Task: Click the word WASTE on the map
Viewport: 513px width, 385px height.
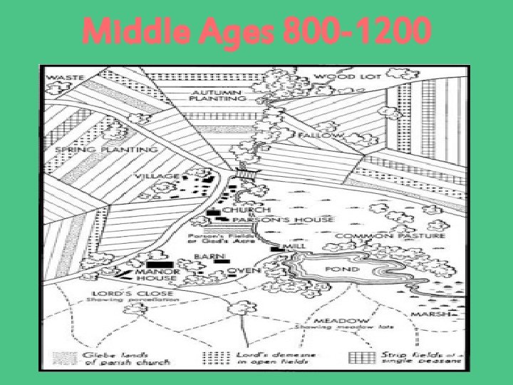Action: pos(66,76)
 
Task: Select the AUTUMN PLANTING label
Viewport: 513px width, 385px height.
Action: pos(214,97)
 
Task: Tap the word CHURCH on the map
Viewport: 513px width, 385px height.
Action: pos(247,210)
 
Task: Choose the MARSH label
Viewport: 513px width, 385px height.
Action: pos(432,315)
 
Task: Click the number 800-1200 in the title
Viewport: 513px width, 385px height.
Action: pos(357,32)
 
